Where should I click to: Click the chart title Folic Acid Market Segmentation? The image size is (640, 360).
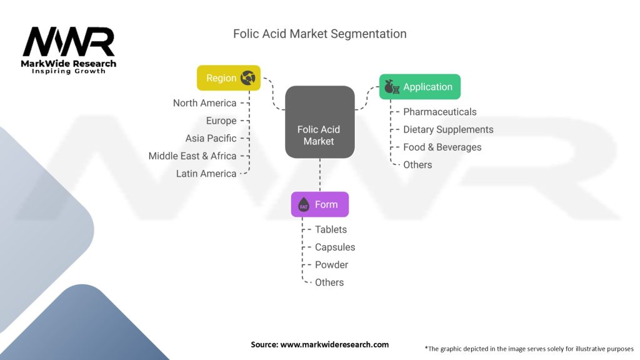pyautogui.click(x=319, y=34)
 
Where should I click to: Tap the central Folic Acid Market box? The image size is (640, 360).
pyautogui.click(x=319, y=122)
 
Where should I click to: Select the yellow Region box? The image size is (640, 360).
pyautogui.click(x=229, y=78)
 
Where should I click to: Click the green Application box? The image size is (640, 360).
pyautogui.click(x=419, y=87)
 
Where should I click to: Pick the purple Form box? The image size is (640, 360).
pyautogui.click(x=319, y=204)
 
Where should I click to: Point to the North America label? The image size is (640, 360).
pyautogui.click(x=204, y=103)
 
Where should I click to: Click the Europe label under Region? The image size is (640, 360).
pyautogui.click(x=221, y=121)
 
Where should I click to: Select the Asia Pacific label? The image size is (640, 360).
pyautogui.click(x=211, y=138)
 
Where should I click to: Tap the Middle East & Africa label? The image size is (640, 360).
pyautogui.click(x=192, y=156)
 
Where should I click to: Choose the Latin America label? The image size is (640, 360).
pyautogui.click(x=206, y=173)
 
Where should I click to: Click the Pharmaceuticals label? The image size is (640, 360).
pyautogui.click(x=439, y=112)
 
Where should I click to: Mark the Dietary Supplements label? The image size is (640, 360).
pyautogui.click(x=448, y=129)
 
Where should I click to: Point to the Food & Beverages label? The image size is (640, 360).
pyautogui.click(x=442, y=147)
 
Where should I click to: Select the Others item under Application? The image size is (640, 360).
pyautogui.click(x=417, y=164)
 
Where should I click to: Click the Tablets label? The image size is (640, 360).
pyautogui.click(x=331, y=229)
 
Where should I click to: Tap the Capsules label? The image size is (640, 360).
pyautogui.click(x=335, y=247)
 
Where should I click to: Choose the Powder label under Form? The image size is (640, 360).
pyautogui.click(x=331, y=264)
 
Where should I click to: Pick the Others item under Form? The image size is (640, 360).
pyautogui.click(x=329, y=282)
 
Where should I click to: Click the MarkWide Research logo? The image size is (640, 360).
pyautogui.click(x=69, y=49)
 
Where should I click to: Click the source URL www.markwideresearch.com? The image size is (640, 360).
pyautogui.click(x=334, y=344)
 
